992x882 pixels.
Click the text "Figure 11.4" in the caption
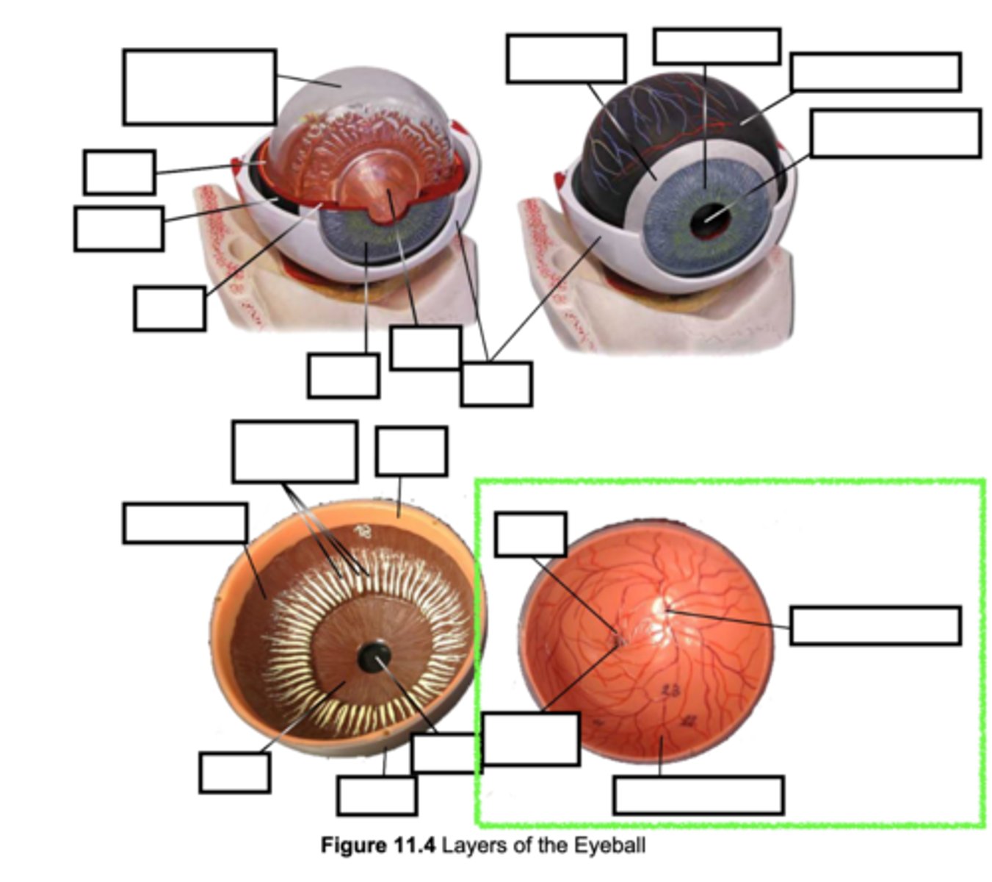[377, 845]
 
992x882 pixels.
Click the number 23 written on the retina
[670, 689]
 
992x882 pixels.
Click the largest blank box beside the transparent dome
[199, 87]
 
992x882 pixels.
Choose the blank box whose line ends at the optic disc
[875, 625]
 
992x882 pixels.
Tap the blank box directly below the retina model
[698, 795]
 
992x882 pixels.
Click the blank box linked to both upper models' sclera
[496, 384]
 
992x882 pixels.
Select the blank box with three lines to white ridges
[294, 451]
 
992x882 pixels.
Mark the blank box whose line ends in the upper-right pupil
[895, 133]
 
